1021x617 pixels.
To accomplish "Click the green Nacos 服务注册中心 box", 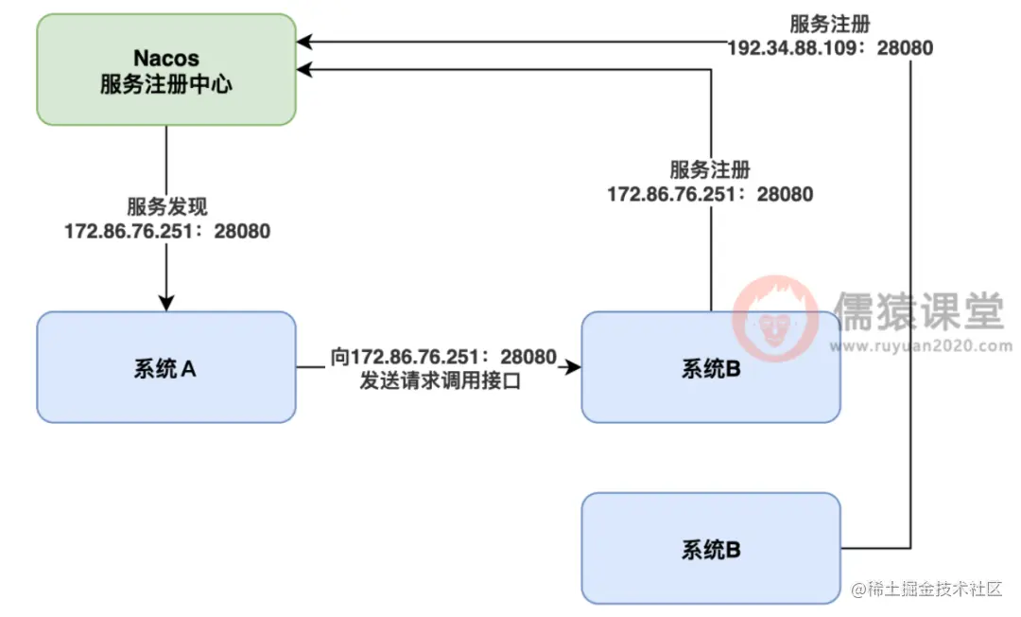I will point(165,69).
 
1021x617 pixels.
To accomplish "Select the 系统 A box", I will point(165,367).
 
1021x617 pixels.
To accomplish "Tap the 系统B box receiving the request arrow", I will point(710,367).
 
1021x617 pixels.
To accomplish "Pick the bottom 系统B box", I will point(710,548).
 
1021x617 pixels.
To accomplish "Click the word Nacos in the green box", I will point(165,58).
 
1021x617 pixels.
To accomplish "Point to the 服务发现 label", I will point(166,206).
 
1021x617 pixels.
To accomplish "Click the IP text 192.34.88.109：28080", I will point(830,47).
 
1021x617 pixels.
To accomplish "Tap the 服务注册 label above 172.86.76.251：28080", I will point(710,170).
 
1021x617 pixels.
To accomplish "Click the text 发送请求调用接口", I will point(441,382).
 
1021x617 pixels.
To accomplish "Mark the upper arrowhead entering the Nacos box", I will point(304,42).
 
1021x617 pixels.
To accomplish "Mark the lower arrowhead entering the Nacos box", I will point(304,69).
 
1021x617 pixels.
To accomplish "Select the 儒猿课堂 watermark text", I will point(917,309).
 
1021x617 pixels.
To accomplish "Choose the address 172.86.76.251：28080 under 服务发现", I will point(166,230).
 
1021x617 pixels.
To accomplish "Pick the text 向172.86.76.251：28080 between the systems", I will point(443,358).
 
